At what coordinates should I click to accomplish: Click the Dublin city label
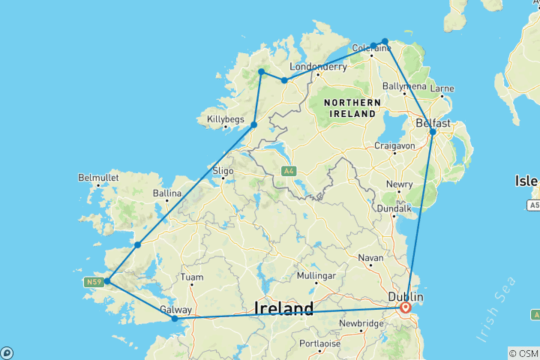tap(406, 298)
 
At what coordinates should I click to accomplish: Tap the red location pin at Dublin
tap(406, 307)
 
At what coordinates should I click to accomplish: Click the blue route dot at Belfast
tap(433, 132)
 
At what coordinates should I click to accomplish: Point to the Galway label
tap(176, 309)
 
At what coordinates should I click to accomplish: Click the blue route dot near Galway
tap(175, 319)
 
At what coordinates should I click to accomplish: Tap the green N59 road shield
tap(92, 282)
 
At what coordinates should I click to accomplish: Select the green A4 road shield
tap(289, 171)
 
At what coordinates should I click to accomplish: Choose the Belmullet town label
tap(98, 178)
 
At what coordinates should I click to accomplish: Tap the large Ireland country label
tap(283, 308)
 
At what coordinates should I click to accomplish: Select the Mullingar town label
tap(315, 276)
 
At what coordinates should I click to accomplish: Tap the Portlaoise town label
tap(319, 343)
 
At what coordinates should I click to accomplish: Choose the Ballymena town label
tap(404, 86)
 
